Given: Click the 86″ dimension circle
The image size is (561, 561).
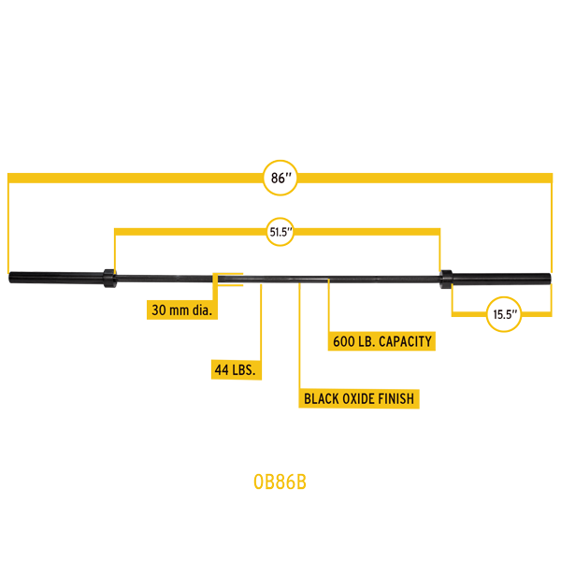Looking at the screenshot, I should tap(280, 176).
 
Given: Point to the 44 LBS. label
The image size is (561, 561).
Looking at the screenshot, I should tap(236, 370).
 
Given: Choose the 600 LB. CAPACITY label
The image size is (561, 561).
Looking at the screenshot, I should tap(381, 341).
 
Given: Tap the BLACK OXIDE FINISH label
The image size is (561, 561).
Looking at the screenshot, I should tap(359, 399).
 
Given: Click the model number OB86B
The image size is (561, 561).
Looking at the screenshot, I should tap(280, 482).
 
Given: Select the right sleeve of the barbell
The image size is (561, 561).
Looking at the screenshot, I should tap(505, 278).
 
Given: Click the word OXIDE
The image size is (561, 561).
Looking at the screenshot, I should tap(361, 399).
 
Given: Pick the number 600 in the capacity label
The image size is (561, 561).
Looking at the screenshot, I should tap(343, 341).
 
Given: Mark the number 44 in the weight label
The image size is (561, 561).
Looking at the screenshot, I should tap(222, 370).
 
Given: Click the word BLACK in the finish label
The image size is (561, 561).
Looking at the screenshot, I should tap(322, 399).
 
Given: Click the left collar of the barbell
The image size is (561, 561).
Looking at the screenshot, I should tap(109, 278).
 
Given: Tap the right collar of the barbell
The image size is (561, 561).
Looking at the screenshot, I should tap(447, 278).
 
